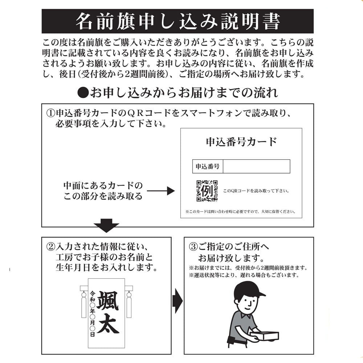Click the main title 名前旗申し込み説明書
tap(178, 21)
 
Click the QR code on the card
tap(207, 191)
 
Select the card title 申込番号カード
tap(241, 142)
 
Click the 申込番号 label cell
tap(207, 167)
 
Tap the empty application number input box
tap(256, 167)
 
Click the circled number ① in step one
tap(50, 113)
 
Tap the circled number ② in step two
tap(50, 247)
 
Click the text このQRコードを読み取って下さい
tap(256, 191)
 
